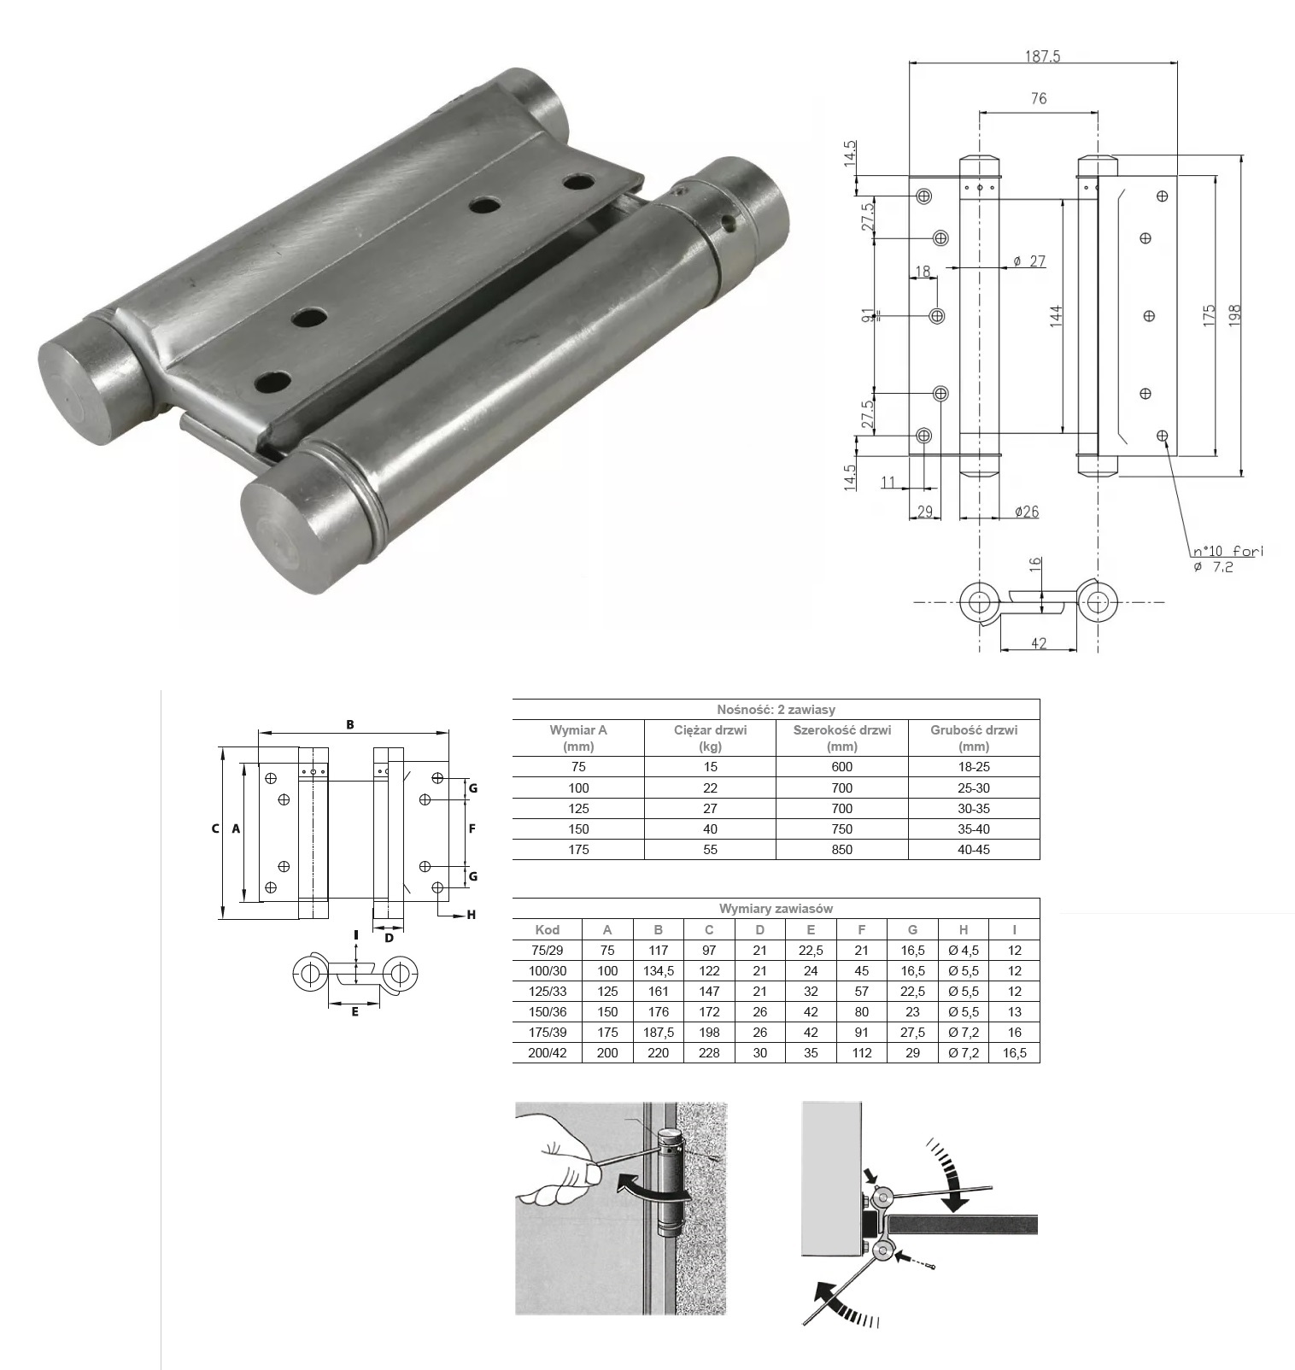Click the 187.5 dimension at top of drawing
1042,56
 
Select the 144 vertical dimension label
1056,316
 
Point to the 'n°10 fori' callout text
1228,552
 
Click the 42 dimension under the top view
1039,643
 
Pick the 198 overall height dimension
1234,314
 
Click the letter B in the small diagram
350,725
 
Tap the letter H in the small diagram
471,915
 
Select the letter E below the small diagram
355,1012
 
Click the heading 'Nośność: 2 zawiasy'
776,710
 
